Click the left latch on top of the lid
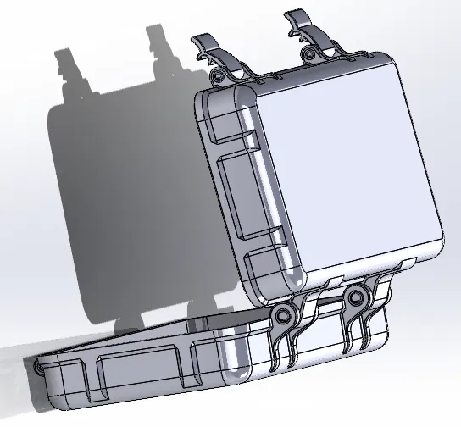point(214,53)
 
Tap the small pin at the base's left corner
point(38,366)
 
